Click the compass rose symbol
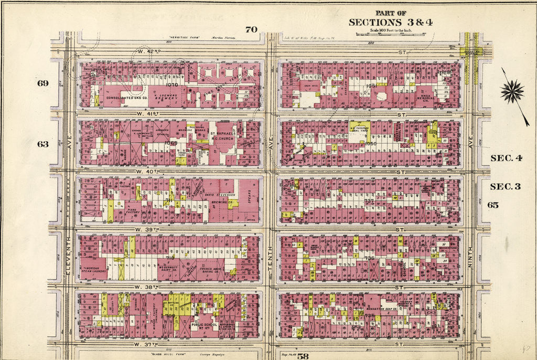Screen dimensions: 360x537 (x=512, y=91)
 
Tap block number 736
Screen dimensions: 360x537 (x=370, y=258)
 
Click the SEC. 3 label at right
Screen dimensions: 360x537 (x=504, y=186)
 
